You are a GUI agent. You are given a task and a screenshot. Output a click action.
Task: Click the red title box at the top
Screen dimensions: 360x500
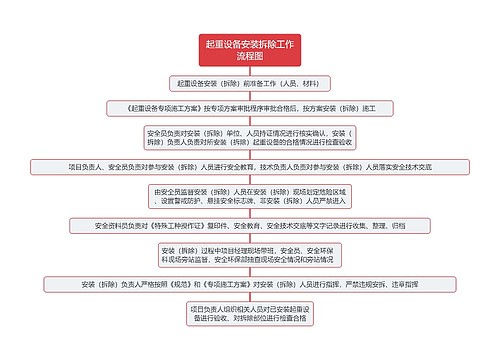[x=250, y=51]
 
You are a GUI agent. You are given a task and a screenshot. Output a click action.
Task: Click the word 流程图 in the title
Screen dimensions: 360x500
[x=250, y=58]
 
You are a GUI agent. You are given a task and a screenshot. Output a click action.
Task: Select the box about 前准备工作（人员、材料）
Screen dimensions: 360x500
[x=250, y=84]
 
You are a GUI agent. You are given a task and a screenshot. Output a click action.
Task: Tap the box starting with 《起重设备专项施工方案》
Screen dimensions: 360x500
[x=250, y=107]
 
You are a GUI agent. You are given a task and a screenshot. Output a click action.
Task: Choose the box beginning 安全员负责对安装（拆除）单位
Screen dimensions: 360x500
[x=250, y=138]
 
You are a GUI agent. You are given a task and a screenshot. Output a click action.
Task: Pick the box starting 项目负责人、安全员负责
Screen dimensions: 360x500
[x=250, y=167]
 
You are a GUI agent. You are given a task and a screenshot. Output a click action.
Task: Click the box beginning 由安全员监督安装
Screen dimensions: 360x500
[x=250, y=196]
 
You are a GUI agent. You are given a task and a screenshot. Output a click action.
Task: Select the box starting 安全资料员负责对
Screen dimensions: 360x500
[x=250, y=226]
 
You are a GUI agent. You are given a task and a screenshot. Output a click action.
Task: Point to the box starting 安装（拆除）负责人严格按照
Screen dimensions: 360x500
[x=250, y=285]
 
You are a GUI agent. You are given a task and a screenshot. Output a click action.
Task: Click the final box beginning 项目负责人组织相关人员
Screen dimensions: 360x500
[x=250, y=315]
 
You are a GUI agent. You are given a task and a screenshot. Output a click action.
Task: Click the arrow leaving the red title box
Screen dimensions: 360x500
[x=250, y=72]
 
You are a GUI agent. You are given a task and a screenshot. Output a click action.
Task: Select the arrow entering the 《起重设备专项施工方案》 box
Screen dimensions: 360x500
[x=250, y=96]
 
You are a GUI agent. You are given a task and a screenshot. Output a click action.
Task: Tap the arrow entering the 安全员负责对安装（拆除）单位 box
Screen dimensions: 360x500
[x=250, y=121]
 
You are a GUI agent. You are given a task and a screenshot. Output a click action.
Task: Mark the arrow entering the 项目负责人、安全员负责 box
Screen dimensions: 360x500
[x=250, y=155]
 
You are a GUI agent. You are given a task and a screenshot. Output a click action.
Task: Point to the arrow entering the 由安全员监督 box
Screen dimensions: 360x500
[x=250, y=180]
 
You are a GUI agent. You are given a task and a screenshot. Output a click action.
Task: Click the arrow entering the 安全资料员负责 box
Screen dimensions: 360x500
[x=250, y=214]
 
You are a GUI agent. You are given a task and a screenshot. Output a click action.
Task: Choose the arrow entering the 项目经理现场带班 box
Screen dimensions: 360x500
[x=250, y=238]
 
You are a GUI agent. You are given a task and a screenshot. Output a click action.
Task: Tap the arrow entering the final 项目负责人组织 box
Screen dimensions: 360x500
[x=250, y=297]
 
